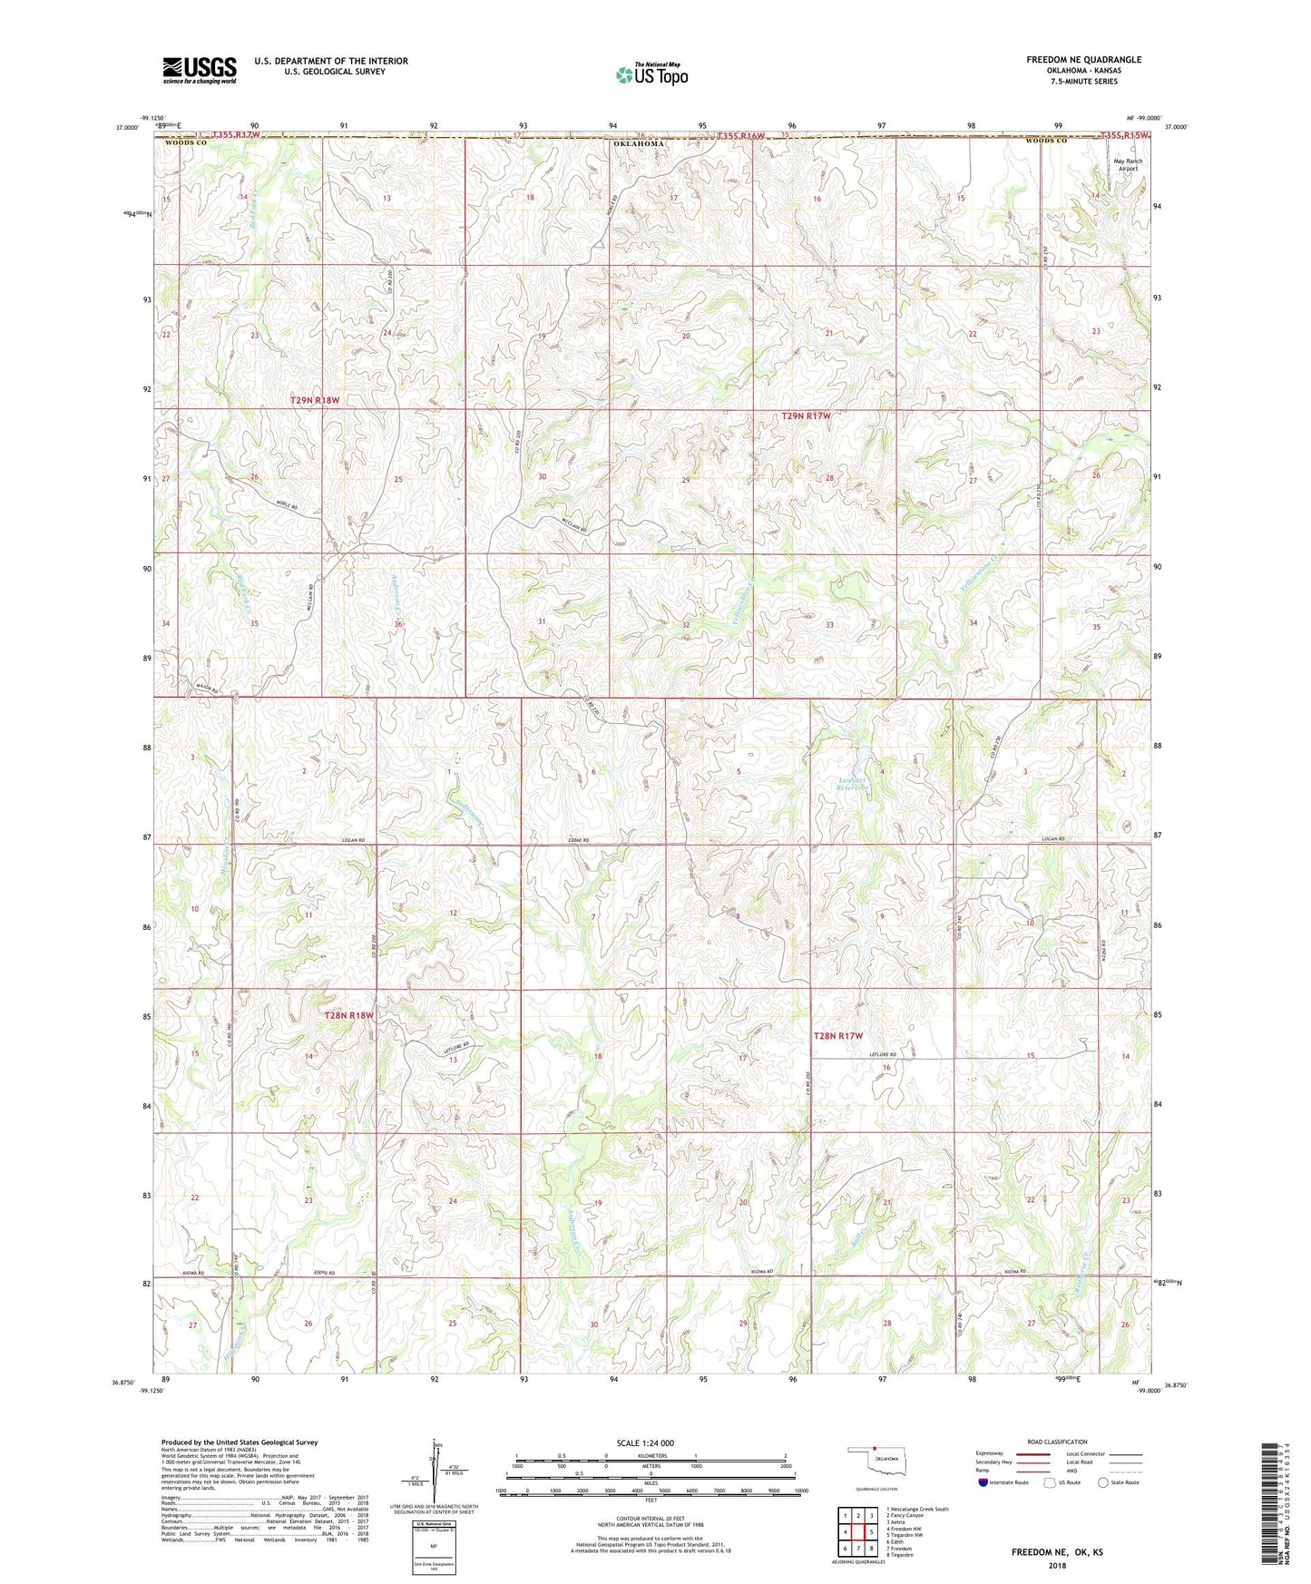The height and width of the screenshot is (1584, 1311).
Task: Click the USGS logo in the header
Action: click(x=200, y=70)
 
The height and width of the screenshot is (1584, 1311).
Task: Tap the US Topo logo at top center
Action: click(x=651, y=74)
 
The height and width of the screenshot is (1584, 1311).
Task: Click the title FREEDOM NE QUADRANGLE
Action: click(x=1083, y=60)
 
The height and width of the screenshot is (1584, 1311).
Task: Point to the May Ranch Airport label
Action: click(x=1128, y=165)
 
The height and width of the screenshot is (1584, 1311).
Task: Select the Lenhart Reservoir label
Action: click(x=853, y=784)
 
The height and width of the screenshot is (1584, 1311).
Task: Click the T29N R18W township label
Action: click(x=314, y=400)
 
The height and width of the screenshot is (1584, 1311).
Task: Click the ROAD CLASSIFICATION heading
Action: click(x=1057, y=1442)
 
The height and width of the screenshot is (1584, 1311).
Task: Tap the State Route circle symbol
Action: click(x=1103, y=1482)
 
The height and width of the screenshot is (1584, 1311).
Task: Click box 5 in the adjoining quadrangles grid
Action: click(x=858, y=1532)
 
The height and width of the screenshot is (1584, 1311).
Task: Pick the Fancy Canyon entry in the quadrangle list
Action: click(x=905, y=1516)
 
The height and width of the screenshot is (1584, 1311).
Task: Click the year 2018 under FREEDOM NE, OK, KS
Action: click(x=1057, y=1565)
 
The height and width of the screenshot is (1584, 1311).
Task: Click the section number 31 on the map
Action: click(x=542, y=621)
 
